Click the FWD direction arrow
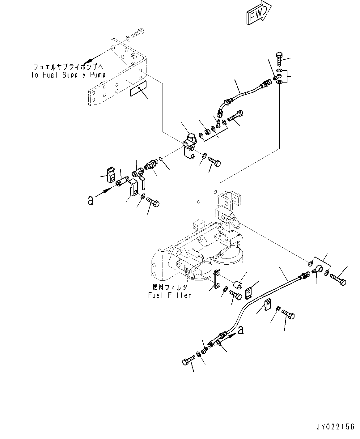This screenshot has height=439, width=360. point(259,13)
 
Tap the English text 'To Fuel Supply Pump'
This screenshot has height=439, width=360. point(68,75)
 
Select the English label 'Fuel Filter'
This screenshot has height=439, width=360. point(169,295)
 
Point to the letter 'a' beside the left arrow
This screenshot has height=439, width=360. point(91,200)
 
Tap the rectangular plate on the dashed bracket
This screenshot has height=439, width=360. point(138,88)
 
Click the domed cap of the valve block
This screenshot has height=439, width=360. point(191,137)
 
